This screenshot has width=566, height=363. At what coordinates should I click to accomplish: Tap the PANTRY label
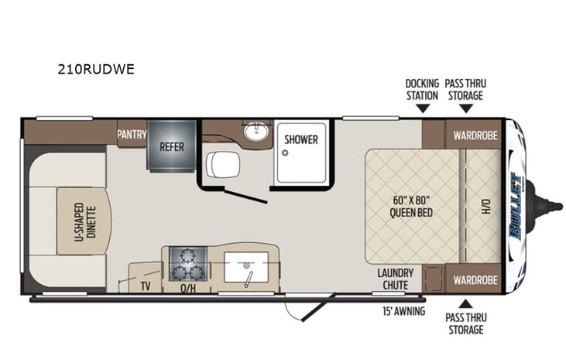pos(132,134)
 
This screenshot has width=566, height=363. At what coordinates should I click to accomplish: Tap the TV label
pos(144,285)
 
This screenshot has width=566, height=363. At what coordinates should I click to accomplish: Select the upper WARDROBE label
pos(475,134)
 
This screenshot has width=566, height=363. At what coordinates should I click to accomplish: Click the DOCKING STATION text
pos(422,89)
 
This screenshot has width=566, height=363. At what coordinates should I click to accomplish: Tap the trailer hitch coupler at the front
pos(551,206)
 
